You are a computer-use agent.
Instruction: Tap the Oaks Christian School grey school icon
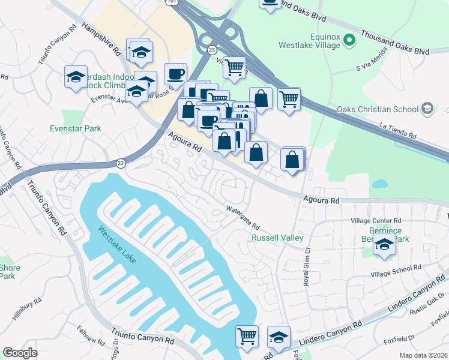pyautogui.click(x=427, y=109)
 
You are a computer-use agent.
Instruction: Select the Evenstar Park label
pyautogui.click(x=76, y=128)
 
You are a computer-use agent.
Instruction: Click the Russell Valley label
pyautogui.click(x=277, y=238)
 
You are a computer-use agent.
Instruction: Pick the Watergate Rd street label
pyautogui.click(x=243, y=218)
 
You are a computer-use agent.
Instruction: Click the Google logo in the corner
pyautogui.click(x=20, y=353)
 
